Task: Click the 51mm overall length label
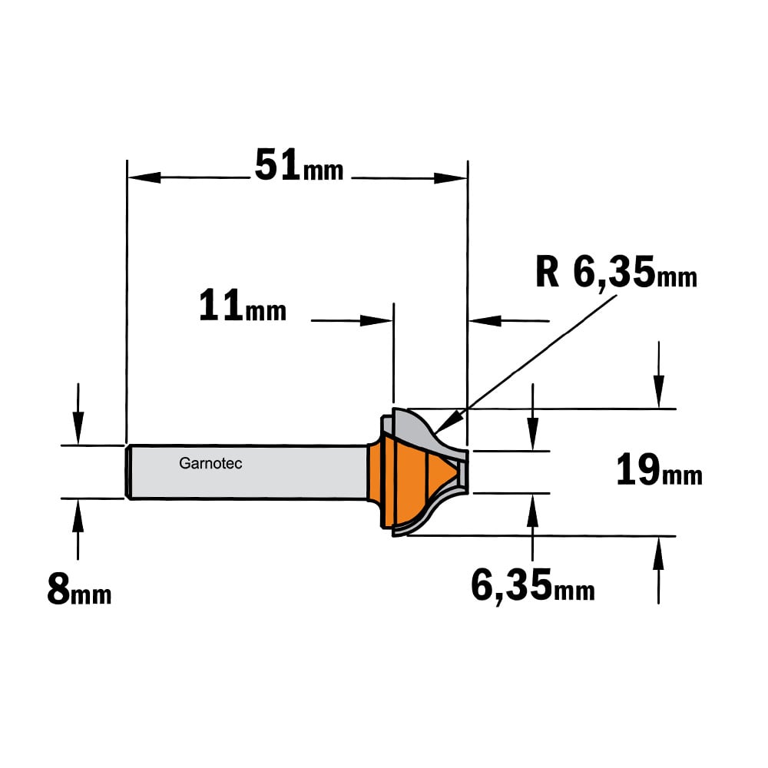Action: tap(299, 166)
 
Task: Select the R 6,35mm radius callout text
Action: tap(616, 272)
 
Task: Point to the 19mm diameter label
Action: tap(659, 469)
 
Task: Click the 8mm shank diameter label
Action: tap(79, 589)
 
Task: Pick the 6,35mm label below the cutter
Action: tap(533, 584)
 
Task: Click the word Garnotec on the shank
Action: tap(210, 463)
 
